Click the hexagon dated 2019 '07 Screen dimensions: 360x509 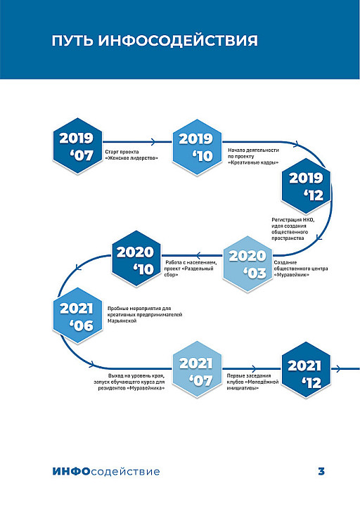click(x=77, y=146)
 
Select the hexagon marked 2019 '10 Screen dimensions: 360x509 click(x=197, y=147)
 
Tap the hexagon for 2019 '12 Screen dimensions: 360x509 click(x=306, y=186)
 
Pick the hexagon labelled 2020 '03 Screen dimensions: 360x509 click(x=247, y=264)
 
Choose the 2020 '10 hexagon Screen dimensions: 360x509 click(x=136, y=259)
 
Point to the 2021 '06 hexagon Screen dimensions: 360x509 click(x=77, y=316)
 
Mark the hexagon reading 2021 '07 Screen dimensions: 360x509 click(x=197, y=370)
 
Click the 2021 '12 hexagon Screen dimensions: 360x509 click(x=306, y=370)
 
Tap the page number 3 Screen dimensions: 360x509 click(x=321, y=471)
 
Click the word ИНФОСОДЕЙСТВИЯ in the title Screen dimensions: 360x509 click(x=178, y=41)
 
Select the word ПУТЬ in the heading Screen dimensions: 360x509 click(x=72, y=41)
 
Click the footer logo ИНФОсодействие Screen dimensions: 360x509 click(x=106, y=471)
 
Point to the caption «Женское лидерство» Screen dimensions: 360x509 click(x=131, y=158)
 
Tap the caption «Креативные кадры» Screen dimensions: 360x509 click(x=253, y=162)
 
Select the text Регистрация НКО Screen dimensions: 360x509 click(x=293, y=220)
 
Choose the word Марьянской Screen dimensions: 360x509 click(x=122, y=321)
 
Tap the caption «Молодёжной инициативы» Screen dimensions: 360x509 click(x=253, y=385)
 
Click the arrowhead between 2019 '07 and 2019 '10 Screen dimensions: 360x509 click(x=153, y=141)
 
